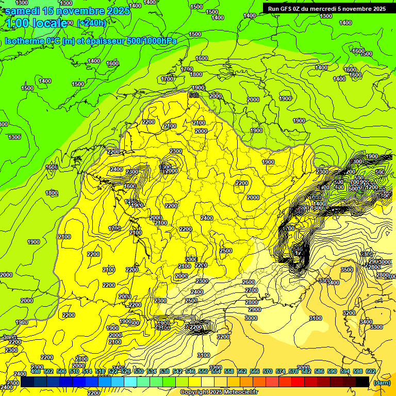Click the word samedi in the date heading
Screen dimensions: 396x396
[23, 10]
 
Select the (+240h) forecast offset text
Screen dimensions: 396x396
[91, 23]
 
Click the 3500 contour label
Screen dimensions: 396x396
[347, 270]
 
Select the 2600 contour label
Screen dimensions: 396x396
[249, 282]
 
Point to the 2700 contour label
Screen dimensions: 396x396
[252, 290]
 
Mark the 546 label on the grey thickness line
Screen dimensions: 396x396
[194, 95]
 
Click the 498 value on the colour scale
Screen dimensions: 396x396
[36, 371]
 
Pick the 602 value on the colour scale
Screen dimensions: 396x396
[371, 371]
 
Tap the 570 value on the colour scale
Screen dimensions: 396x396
[268, 371]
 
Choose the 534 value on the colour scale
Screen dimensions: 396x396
[152, 371]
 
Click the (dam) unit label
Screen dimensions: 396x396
[382, 382]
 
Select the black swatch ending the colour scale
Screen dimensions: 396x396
[362, 382]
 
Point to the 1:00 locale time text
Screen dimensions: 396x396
[36, 23]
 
